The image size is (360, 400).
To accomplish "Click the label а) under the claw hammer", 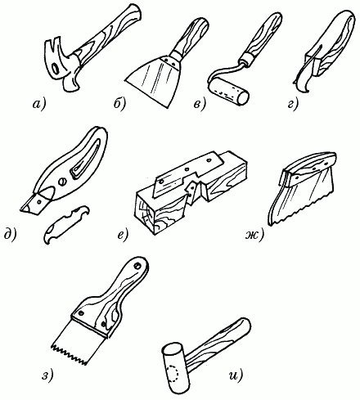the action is [39, 104].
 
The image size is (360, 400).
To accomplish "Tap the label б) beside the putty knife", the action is [119, 104].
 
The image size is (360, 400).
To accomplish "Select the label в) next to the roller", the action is [200, 105].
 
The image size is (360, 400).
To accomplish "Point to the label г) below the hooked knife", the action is [293, 105].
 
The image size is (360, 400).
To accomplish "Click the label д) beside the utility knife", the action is [11, 235].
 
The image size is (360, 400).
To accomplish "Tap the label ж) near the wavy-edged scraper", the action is [254, 235].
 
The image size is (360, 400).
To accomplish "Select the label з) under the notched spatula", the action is [47, 376].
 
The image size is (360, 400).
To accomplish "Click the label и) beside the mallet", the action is [236, 376].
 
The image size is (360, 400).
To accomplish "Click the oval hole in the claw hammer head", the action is [56, 69].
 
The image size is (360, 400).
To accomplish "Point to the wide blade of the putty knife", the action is [154, 82].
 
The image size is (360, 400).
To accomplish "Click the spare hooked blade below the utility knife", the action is [66, 225].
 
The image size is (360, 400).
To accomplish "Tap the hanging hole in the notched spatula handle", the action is [137, 266].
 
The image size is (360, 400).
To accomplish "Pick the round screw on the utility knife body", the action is [62, 182].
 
